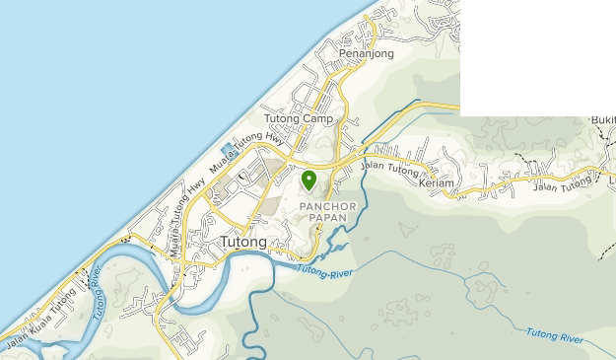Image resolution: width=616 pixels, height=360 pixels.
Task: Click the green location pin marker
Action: tap(308, 180)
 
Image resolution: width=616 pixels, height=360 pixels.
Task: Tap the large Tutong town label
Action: tap(243, 242)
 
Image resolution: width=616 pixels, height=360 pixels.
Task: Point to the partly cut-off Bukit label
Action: tap(602, 119)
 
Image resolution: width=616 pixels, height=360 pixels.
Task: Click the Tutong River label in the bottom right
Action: tap(555, 335)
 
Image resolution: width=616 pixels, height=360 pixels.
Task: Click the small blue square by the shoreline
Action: tap(228, 149)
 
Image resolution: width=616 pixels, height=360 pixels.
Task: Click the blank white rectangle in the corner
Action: tap(537, 57)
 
